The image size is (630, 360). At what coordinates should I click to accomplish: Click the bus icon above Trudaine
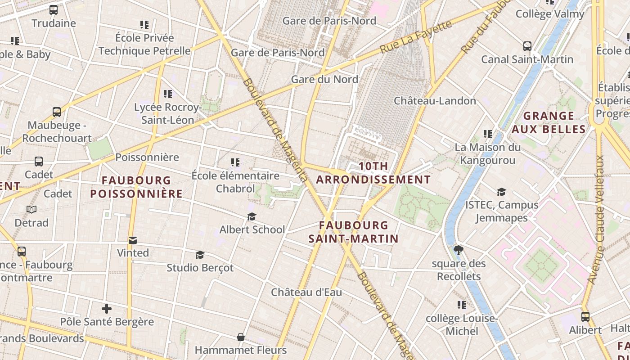click(54, 9)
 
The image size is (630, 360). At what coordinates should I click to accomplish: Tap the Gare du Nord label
click(324, 80)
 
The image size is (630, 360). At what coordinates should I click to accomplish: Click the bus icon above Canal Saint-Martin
click(527, 46)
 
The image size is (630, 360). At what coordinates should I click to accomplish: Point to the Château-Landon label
click(435, 101)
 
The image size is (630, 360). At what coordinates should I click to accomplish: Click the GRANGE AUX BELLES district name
click(549, 123)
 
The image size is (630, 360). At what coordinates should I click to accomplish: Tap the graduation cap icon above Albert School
click(252, 217)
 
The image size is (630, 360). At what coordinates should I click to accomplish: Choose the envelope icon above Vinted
click(133, 240)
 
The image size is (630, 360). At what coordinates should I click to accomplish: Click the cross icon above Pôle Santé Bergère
click(107, 309)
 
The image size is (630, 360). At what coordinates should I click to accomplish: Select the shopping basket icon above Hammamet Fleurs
click(241, 337)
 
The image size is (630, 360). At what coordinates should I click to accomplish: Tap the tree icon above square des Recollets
click(459, 250)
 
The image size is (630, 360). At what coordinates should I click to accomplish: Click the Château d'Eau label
click(306, 292)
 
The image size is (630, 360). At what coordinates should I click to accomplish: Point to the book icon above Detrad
click(31, 210)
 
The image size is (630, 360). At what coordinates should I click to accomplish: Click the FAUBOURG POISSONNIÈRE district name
click(136, 187)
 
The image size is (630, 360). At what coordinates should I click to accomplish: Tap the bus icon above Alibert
click(585, 317)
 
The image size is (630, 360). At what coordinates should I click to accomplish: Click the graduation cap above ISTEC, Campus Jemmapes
click(501, 192)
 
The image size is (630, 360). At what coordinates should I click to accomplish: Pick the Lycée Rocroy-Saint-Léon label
click(167, 114)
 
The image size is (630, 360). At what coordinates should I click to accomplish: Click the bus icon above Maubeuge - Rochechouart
click(57, 112)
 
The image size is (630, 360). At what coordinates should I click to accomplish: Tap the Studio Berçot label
click(200, 268)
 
